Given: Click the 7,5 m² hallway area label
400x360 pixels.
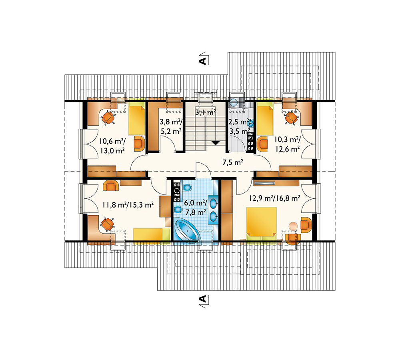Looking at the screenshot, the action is [232, 162].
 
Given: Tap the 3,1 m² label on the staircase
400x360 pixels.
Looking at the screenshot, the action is [206, 112].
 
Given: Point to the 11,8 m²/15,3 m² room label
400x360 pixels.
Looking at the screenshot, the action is [128, 205].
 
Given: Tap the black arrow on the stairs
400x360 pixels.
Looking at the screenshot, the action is [216, 143].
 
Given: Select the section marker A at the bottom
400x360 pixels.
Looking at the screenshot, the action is [202, 298].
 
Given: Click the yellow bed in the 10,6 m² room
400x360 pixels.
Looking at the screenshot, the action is [136, 120].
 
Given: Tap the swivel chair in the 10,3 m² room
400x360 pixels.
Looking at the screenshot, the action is [291, 118].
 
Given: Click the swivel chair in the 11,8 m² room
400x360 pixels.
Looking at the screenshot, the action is [107, 224].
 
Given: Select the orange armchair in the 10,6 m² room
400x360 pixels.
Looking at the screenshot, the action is [139, 144].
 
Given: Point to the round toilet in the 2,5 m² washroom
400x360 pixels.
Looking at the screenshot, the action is [234, 103].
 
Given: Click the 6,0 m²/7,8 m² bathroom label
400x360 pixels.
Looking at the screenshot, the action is [195, 208].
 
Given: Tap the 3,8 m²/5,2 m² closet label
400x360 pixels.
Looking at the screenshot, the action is [170, 126].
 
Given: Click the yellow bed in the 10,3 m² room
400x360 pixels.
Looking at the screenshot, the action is [265, 121].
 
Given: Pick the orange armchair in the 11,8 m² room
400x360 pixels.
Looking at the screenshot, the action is [111, 185].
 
